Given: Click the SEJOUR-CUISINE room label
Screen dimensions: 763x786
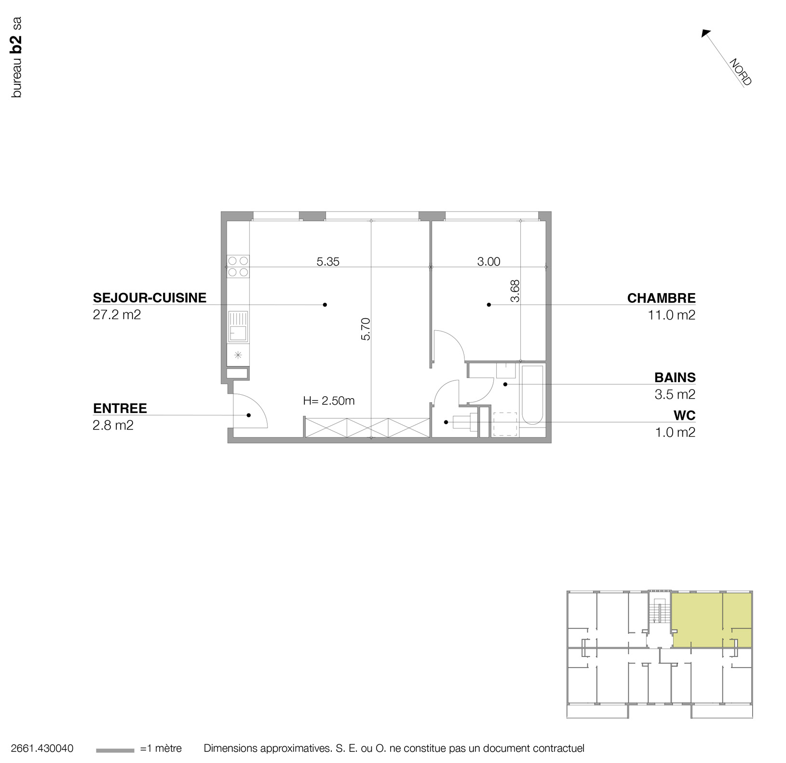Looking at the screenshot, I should pos(149,298).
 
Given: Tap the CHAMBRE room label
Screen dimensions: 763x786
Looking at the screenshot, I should pos(661,298).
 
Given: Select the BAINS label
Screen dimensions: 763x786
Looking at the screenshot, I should pos(675,377).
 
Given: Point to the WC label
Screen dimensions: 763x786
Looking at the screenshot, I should pos(684,415).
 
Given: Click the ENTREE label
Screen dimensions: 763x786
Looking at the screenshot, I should pos(120,408).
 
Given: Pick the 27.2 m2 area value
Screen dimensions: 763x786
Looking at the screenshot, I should pos(117,315).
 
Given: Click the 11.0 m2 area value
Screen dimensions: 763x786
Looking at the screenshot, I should pos(671,315).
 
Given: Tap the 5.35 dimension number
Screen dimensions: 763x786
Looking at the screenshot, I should pos(328,262).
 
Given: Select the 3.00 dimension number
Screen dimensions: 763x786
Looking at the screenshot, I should pos(488,262).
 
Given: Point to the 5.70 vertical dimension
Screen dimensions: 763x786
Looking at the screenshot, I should pos(366,329).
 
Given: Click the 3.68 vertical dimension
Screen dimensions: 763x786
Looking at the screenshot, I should pos(515,291).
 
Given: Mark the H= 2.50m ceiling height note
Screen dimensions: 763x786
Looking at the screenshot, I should pos(329,401).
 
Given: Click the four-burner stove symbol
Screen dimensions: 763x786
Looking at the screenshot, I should pos(238,267).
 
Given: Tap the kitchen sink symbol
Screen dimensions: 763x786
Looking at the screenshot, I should pos(238,326).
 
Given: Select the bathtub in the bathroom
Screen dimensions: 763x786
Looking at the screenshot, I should pos(532,395).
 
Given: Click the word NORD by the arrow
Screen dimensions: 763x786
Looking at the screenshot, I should pos(740,72).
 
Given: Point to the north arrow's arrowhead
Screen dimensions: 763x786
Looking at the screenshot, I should pos(705,33).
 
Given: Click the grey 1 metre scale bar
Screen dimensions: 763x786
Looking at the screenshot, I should pos(115,750).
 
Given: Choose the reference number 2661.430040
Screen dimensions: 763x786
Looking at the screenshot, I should pos(42,749).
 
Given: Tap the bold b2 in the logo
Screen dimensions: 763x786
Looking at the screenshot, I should pos(16,43).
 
